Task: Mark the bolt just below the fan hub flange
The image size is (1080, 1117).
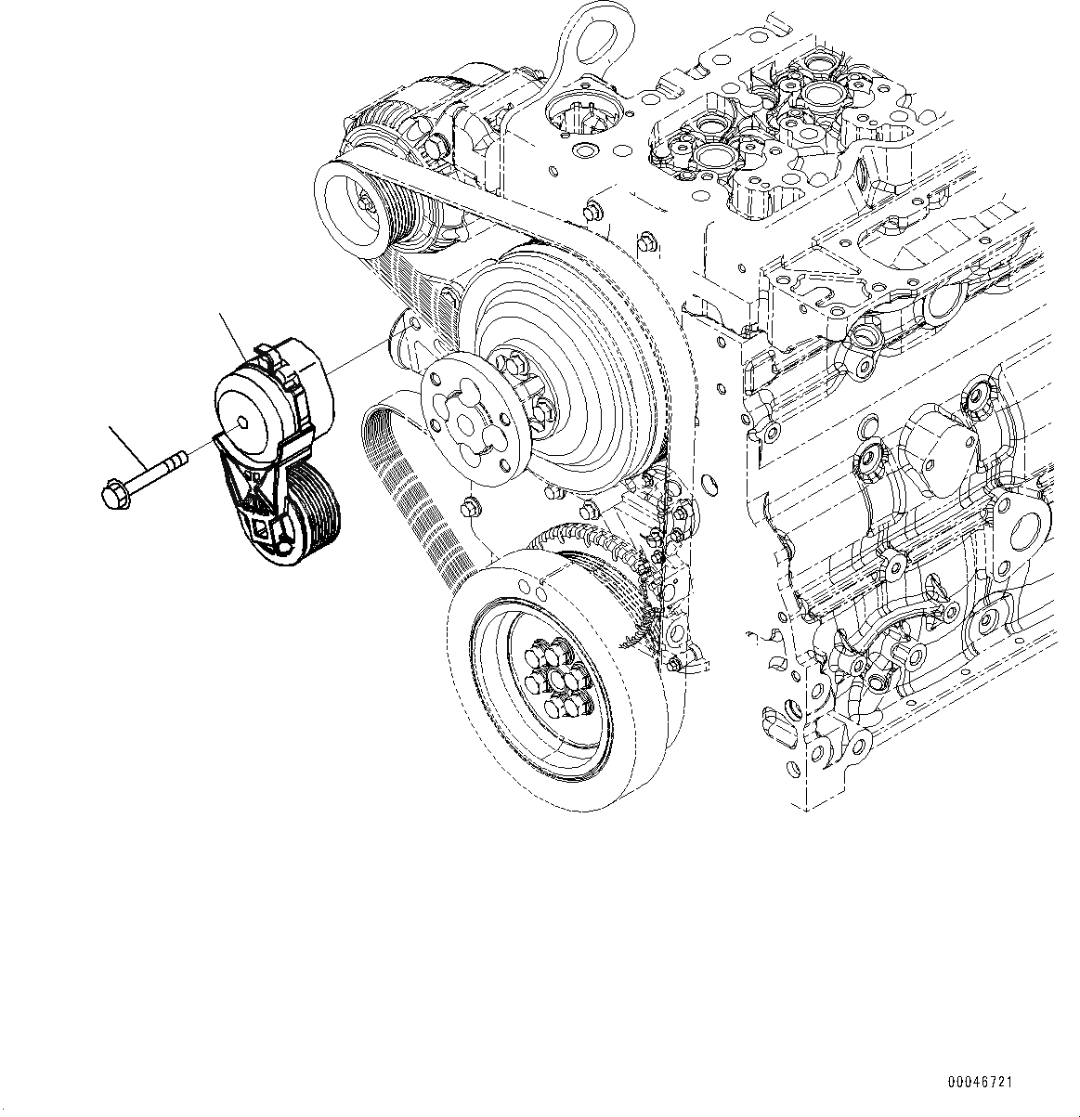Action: [470, 509]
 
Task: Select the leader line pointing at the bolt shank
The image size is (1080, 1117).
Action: [128, 446]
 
